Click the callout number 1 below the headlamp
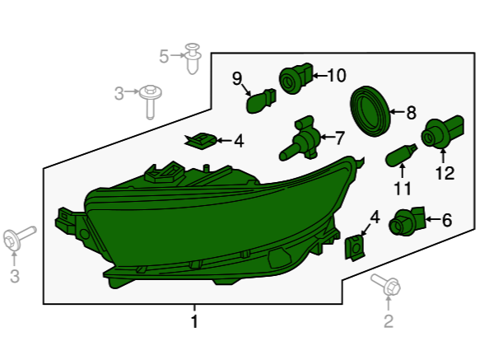click(194, 321)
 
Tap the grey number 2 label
click(389, 321)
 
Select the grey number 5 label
click(164, 56)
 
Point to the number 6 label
click(447, 220)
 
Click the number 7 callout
click(340, 138)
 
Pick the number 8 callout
click(411, 112)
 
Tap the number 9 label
click(237, 78)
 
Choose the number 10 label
click(337, 75)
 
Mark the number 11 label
click(403, 189)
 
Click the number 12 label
click(445, 173)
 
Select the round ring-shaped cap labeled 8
click(370, 111)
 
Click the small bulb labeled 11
click(401, 156)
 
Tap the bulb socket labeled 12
click(442, 132)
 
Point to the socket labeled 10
click(296, 78)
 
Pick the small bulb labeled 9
click(261, 101)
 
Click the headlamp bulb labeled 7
click(300, 138)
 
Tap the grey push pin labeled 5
click(193, 58)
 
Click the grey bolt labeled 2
click(386, 285)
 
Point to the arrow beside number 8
click(397, 112)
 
